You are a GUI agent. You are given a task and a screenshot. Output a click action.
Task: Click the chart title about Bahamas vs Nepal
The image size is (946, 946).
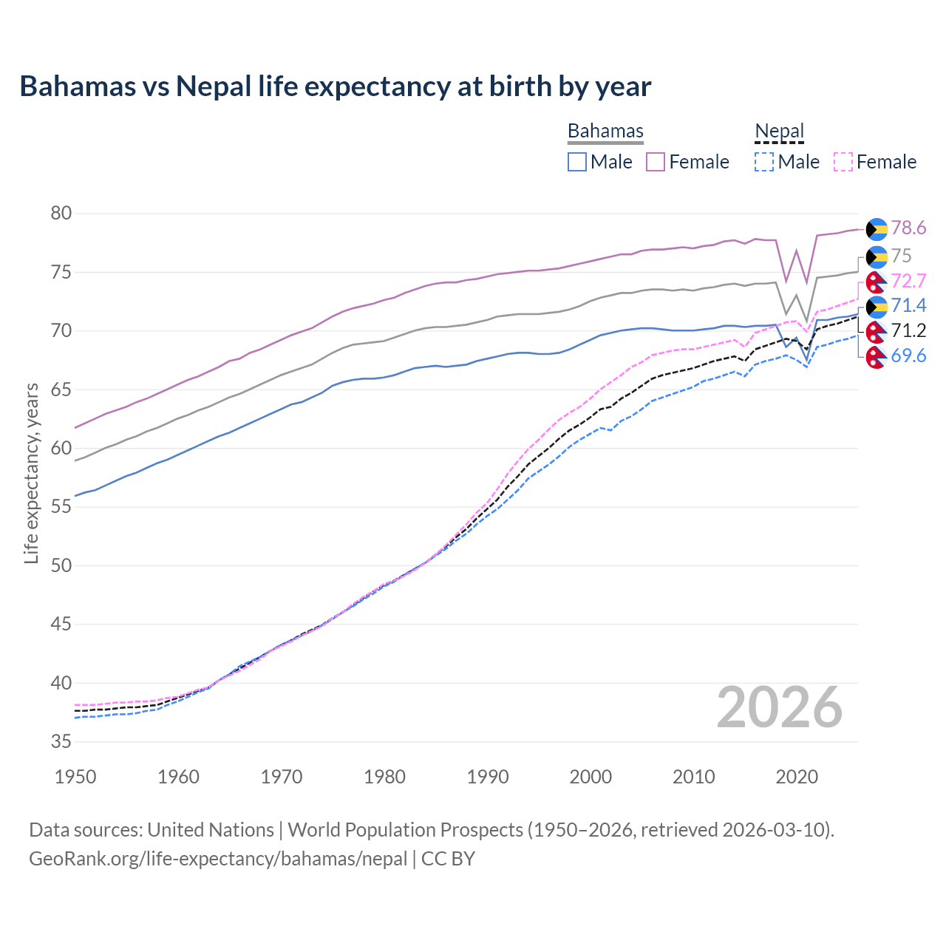pos(335,86)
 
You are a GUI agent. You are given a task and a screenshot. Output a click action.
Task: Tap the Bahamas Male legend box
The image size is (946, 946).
pos(577,162)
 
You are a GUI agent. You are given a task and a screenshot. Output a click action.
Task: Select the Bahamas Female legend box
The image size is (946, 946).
pos(656,162)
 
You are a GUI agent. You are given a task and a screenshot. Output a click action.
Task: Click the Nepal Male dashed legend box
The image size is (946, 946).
pos(764,162)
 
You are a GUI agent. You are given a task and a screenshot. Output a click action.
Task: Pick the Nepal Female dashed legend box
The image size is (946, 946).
pos(843,162)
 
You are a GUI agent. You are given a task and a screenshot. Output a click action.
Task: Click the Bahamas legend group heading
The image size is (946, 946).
pos(605,131)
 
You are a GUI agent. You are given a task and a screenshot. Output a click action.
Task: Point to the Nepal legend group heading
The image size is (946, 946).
pos(779,131)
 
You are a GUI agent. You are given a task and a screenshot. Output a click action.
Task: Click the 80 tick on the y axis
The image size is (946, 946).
pos(61,214)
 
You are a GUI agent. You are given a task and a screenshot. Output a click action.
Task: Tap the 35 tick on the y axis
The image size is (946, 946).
pos(61,741)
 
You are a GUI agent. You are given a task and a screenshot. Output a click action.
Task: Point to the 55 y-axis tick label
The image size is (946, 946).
pos(61,507)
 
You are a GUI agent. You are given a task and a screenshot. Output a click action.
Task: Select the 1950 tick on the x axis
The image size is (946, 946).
pos(75,777)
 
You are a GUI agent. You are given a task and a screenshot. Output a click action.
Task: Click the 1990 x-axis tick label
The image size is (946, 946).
pos(488,777)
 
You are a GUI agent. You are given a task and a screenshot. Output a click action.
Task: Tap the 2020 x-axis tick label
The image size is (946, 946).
pos(797,777)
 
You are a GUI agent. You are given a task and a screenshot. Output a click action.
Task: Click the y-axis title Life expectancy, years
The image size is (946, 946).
pos(31,473)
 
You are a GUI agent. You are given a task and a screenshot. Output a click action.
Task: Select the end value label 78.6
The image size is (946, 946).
pos(908,228)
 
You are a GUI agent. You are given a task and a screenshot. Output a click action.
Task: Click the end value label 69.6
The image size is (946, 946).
pos(908,356)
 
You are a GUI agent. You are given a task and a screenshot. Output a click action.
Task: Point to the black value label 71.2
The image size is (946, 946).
pos(908,330)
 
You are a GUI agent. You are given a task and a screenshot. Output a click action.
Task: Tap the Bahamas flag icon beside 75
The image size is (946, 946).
pos(877,256)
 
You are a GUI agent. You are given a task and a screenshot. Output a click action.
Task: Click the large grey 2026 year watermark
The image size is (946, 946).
pos(779,708)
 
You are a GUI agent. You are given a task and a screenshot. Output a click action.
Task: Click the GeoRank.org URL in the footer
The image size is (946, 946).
pos(218,859)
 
